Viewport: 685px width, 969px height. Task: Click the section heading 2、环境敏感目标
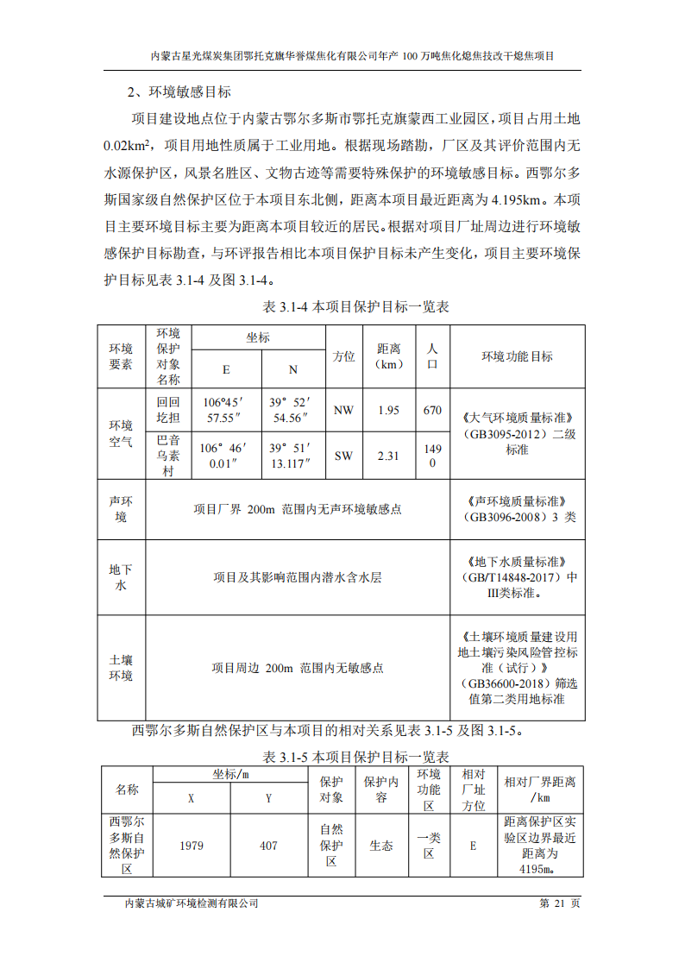[x=179, y=91]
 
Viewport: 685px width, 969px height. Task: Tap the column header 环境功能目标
[x=517, y=356]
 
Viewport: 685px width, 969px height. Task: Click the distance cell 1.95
[x=389, y=410]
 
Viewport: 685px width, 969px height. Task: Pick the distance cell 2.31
[x=389, y=456]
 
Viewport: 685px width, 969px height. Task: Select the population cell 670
[x=432, y=410]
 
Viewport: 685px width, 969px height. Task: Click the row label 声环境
[x=121, y=509]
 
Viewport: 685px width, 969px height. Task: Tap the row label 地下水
[x=121, y=577]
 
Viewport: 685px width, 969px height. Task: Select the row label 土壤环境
[x=121, y=668]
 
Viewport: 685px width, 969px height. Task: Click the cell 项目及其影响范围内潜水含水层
[x=298, y=577]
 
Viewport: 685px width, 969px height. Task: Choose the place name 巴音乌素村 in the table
[x=168, y=456]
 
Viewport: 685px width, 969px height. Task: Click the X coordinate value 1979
[x=192, y=846]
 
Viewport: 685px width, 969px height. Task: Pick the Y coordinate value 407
[x=269, y=846]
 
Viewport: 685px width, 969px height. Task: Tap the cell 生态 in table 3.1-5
[x=381, y=846]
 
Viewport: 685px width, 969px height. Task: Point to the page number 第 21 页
[x=560, y=903]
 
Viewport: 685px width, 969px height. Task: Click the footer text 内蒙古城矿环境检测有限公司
[x=192, y=903]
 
